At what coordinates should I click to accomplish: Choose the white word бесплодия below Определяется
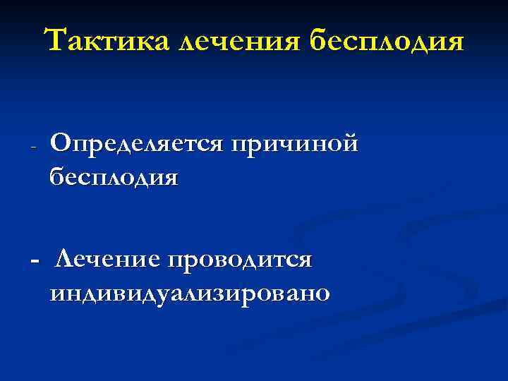tap(114, 176)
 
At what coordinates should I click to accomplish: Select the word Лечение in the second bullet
tap(107, 260)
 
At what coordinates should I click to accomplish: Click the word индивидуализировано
tap(189, 292)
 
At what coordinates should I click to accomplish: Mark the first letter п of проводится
tap(174, 262)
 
